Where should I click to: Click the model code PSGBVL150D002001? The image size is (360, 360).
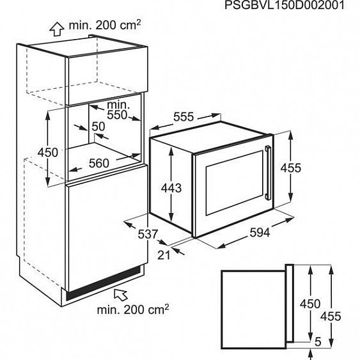[x=285, y=5]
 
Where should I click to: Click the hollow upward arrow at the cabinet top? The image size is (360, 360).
[x=57, y=29]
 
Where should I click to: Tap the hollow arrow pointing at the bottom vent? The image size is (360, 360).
[x=121, y=294]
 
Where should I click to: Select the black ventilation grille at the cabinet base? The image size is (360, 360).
[x=104, y=283]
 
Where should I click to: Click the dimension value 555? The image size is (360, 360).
[x=184, y=117]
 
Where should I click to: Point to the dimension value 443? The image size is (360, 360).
[x=171, y=188]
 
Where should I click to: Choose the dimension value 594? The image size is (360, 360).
[x=260, y=233]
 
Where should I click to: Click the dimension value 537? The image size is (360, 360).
[x=148, y=234]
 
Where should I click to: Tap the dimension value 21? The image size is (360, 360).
[x=164, y=255]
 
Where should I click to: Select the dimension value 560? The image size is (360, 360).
[x=99, y=163]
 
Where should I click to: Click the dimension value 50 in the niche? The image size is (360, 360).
[x=98, y=126]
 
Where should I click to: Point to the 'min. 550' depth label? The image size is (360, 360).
[x=118, y=110]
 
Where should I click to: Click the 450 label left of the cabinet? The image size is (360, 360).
[x=48, y=152]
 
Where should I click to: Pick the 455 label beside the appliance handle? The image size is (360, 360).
[x=291, y=168]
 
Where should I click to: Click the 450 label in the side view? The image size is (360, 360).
[x=310, y=304]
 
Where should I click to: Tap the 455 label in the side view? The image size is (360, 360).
[x=331, y=317]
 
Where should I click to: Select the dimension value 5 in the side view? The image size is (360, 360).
[x=318, y=342]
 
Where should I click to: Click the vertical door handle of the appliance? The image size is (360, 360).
[x=268, y=172]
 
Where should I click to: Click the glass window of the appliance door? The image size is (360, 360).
[x=234, y=183]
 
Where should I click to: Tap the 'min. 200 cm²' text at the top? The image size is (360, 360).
[x=105, y=25]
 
